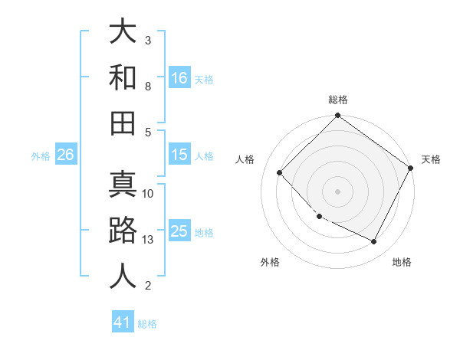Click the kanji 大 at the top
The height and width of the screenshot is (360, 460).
point(123,32)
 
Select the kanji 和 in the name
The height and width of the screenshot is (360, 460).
point(123,77)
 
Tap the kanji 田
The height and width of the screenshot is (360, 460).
point(123,123)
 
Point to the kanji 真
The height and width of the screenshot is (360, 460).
point(123,185)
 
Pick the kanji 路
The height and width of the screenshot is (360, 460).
point(123,231)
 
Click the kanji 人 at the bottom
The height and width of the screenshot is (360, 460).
point(123,276)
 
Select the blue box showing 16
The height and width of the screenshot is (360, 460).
point(179,77)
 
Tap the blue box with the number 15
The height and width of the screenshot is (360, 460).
point(179,155)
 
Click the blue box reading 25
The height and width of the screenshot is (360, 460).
point(179,231)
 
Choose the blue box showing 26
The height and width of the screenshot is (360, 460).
point(65,155)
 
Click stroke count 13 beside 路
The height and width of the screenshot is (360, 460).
point(149,240)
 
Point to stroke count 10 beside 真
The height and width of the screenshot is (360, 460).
point(149,194)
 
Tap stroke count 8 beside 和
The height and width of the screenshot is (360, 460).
point(148,87)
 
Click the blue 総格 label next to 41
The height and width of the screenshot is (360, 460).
point(147,324)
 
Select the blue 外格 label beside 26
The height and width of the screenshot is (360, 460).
point(41,156)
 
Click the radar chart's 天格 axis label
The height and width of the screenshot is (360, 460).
point(431,159)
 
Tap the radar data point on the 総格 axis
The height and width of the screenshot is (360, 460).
point(337,116)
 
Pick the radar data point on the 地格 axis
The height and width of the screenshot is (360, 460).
point(374,241)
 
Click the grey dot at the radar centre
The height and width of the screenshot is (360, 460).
point(337,191)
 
